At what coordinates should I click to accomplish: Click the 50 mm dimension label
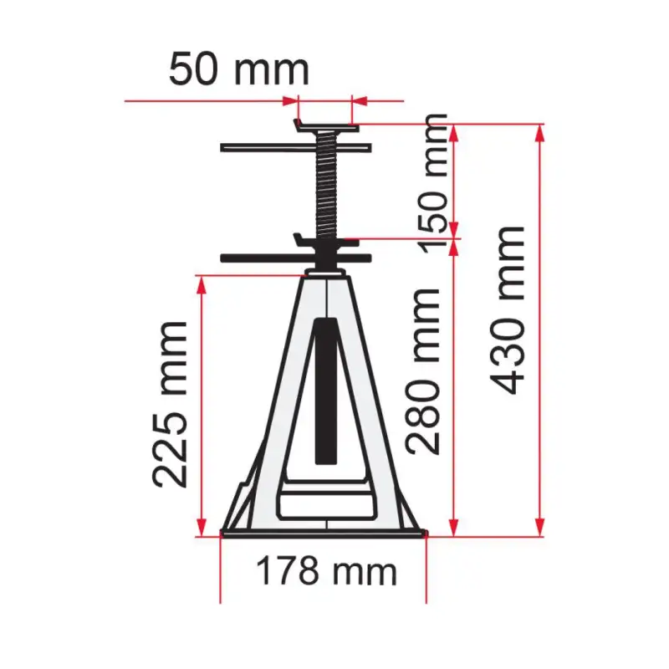[239, 69]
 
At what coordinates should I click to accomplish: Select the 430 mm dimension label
[508, 309]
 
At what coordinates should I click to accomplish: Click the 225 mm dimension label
[171, 404]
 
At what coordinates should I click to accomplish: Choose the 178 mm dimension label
[325, 572]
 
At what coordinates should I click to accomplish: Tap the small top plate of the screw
[325, 127]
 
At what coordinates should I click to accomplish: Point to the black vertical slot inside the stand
[325, 389]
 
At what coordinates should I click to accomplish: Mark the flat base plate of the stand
[324, 533]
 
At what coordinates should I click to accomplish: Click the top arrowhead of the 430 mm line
[539, 132]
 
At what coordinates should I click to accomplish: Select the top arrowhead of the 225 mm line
[201, 283]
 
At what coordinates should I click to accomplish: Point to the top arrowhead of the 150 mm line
[454, 132]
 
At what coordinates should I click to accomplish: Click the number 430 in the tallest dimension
[508, 351]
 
